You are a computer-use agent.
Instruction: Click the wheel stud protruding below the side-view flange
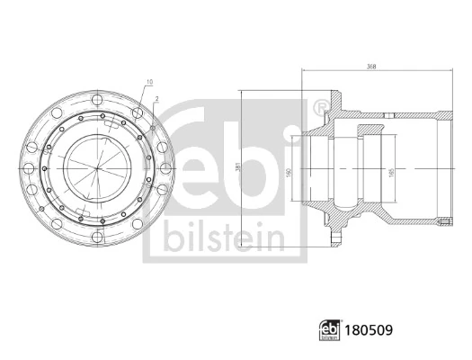coord(334,237)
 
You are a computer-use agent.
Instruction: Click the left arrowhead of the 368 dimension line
coord(304,71)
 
